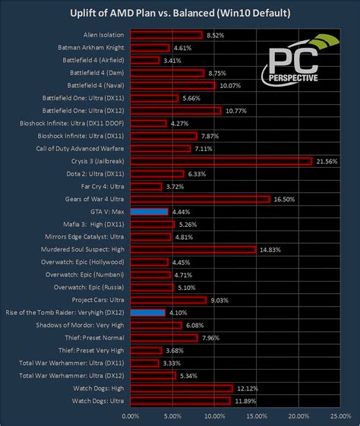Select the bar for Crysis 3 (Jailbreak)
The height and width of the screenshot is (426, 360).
click(x=221, y=161)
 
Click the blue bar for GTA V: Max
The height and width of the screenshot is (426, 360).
click(x=149, y=212)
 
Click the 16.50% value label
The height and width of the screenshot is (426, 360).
click(x=283, y=199)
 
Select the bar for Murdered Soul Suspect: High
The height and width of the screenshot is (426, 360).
click(x=193, y=249)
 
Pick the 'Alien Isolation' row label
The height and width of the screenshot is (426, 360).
click(x=104, y=35)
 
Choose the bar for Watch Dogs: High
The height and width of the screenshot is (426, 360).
click(x=182, y=387)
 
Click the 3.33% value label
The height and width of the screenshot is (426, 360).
click(x=172, y=363)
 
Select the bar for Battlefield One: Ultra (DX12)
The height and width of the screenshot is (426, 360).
click(x=175, y=111)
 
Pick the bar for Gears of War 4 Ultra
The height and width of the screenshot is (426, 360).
click(x=200, y=199)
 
